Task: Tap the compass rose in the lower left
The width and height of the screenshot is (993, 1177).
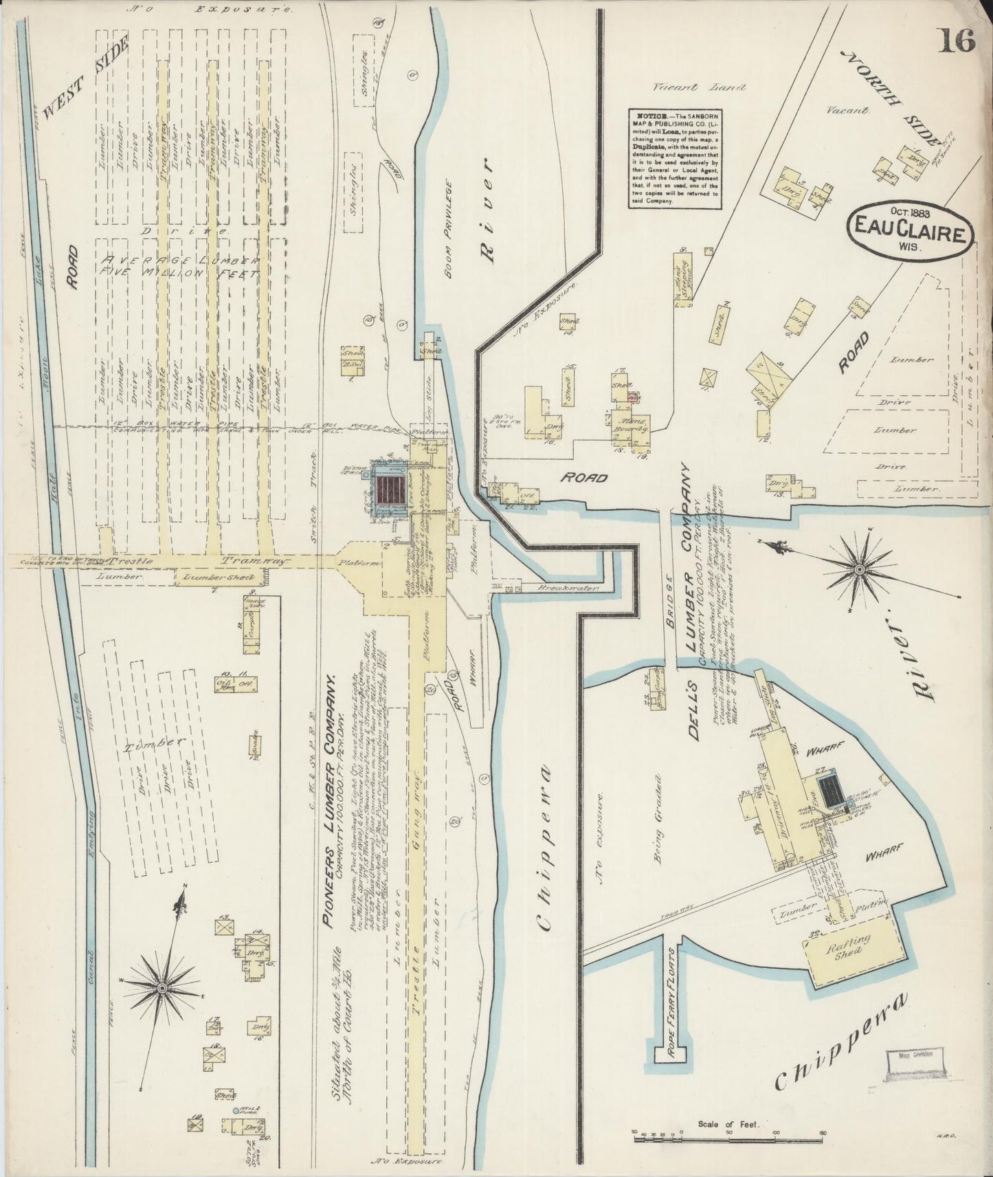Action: [162, 987]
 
